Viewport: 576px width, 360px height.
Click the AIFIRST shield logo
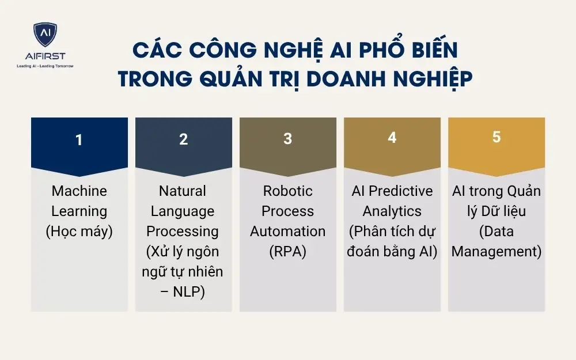(x=45, y=36)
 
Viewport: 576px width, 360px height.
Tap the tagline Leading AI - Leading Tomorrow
(x=45, y=66)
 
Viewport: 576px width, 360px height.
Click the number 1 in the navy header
(x=79, y=139)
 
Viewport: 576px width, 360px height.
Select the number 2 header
(x=184, y=139)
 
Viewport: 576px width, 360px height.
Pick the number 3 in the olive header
(x=288, y=139)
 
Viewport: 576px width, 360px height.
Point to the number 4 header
(x=392, y=138)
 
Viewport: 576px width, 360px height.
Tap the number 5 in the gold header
(x=497, y=138)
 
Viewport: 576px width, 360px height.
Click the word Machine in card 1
(x=79, y=191)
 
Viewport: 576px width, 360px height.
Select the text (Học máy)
(x=79, y=232)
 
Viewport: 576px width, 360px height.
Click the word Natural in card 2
(x=183, y=191)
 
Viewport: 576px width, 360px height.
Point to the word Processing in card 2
(x=183, y=232)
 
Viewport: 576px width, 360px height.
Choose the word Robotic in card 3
(x=287, y=191)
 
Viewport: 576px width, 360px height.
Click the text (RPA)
(x=287, y=252)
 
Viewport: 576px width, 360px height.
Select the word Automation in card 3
(x=287, y=232)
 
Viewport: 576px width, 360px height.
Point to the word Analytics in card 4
(x=392, y=211)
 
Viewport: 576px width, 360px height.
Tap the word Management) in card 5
(x=497, y=252)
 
